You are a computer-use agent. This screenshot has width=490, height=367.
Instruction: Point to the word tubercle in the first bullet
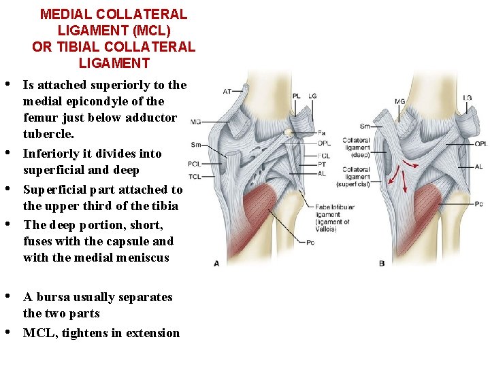tap(48, 134)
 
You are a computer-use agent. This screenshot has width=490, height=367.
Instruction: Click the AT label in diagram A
tap(227, 91)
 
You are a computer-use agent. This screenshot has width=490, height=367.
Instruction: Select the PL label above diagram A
tap(296, 97)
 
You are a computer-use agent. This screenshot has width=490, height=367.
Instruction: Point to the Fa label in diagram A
tap(321, 133)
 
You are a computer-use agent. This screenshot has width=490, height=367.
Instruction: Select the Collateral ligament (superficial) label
tap(354, 177)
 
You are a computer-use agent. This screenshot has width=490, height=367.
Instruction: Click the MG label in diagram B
tap(399, 102)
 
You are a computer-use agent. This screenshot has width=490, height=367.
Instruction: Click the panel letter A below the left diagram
tap(216, 263)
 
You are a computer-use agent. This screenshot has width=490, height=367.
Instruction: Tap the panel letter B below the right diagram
tap(382, 262)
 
